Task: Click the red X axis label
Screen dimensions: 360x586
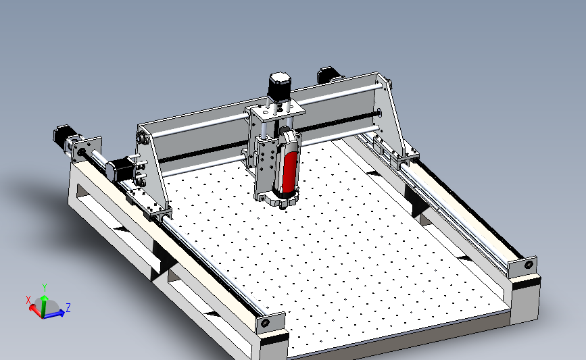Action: (28, 299)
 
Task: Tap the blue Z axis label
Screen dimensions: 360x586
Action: (69, 307)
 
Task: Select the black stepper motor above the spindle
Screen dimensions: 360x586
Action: (280, 85)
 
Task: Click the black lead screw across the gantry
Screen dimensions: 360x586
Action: (203, 153)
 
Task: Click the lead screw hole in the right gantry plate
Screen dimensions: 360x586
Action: (379, 113)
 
